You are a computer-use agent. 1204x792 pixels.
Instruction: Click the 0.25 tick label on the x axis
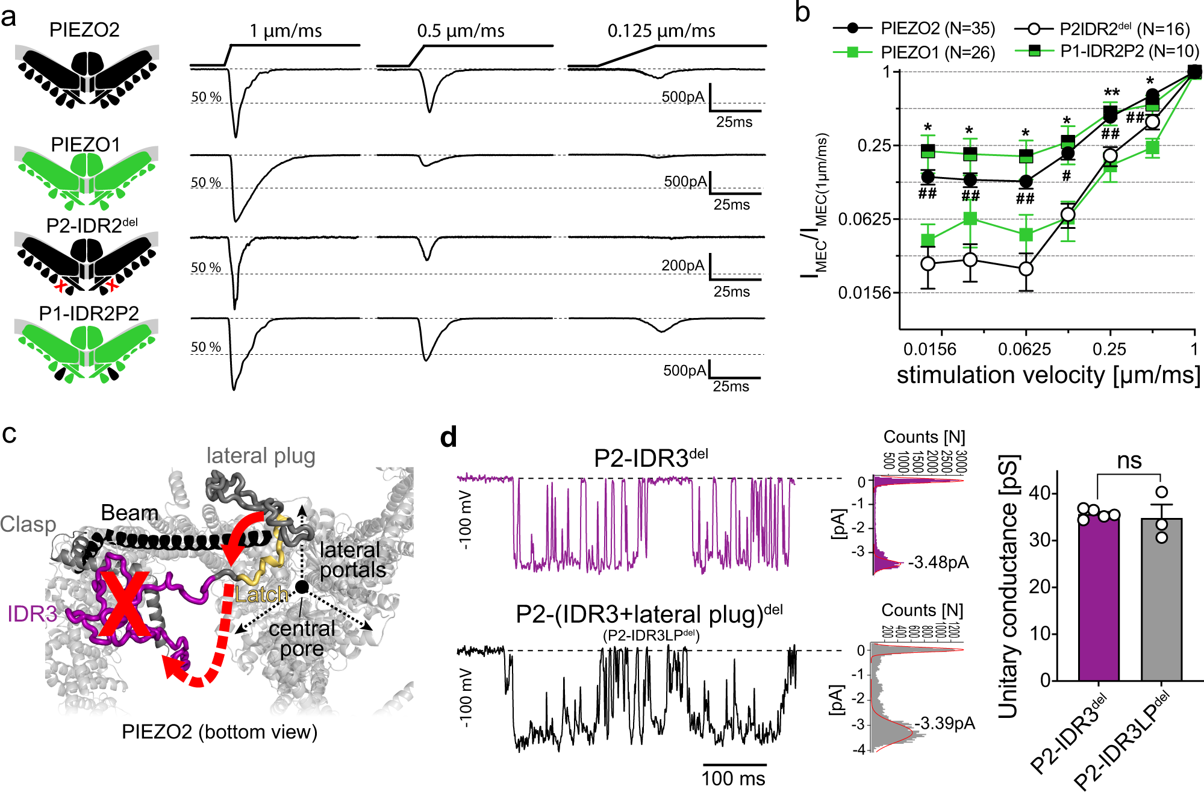tap(1109, 349)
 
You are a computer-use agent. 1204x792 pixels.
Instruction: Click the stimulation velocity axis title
tap(1048, 375)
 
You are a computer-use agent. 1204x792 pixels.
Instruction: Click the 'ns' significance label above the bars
tap(1129, 461)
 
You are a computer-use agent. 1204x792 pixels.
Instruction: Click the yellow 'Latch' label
tap(261, 595)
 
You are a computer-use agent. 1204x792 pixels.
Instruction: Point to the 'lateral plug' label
tap(261, 456)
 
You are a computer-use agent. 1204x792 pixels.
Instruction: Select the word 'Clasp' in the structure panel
tap(28, 524)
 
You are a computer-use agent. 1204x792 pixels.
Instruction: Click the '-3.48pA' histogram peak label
tap(939, 563)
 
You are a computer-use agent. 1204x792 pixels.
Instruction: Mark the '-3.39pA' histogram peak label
tap(944, 723)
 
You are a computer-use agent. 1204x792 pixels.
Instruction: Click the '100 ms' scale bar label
tap(733, 778)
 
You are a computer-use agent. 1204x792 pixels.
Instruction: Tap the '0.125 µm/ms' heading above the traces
tap(661, 31)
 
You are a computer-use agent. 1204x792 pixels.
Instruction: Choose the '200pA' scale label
tap(682, 265)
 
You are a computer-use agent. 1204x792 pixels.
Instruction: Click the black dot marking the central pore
tap(302, 587)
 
